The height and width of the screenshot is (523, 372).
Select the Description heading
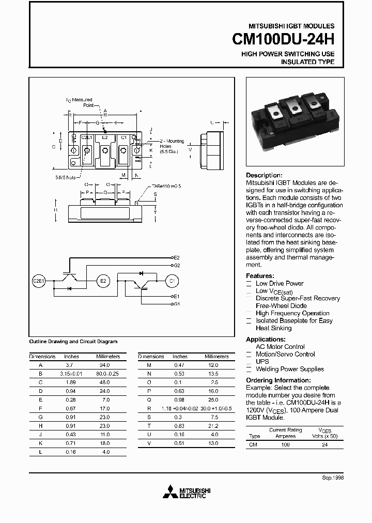click(264, 175)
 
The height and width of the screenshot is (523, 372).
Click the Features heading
click(260, 276)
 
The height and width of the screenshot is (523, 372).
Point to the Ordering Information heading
click(280, 380)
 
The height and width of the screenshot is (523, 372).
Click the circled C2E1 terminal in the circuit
click(39, 281)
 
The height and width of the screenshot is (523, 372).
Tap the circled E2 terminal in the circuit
click(103, 281)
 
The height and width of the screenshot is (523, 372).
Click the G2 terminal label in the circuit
click(176, 265)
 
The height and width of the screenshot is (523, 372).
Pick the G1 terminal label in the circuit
click(176, 304)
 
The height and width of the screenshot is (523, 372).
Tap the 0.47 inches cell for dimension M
click(180, 364)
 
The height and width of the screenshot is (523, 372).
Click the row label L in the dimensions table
click(40, 452)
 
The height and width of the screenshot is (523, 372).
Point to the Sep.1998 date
click(332, 478)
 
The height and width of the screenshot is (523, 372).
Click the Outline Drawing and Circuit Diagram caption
click(73, 341)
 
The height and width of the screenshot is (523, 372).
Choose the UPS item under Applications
click(262, 362)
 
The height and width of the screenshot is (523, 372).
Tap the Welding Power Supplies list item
click(290, 369)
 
